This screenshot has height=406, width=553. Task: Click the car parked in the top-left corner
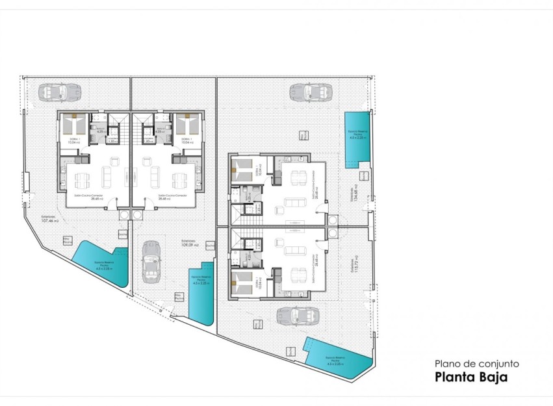59,92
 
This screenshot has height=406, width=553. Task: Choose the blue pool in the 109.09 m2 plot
202,292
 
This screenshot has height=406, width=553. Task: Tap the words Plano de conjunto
476,364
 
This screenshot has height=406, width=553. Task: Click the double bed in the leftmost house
73,123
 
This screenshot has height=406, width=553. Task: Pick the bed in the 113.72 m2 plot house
242,283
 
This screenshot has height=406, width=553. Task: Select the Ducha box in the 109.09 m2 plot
209,246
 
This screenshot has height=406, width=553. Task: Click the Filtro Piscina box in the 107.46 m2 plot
66,240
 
